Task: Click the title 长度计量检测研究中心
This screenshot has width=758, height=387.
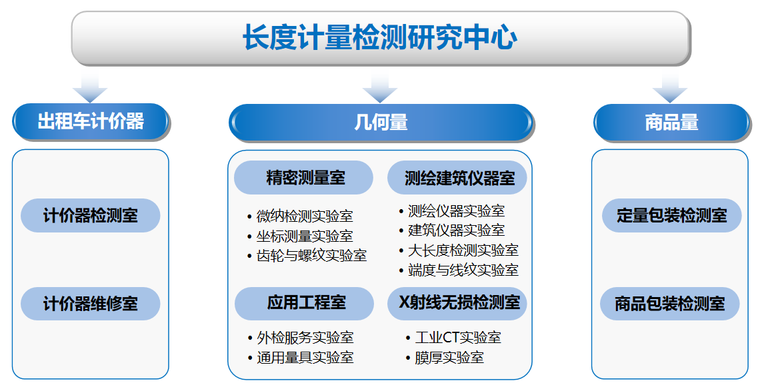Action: click(x=380, y=37)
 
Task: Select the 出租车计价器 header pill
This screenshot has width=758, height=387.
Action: click(x=91, y=122)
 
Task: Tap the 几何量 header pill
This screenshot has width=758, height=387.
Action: click(x=381, y=123)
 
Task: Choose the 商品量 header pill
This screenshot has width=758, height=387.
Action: click(x=671, y=123)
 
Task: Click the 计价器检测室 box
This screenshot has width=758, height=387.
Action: click(x=91, y=216)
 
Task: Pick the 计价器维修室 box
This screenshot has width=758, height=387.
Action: click(x=91, y=304)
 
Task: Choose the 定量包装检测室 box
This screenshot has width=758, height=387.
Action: click(x=671, y=216)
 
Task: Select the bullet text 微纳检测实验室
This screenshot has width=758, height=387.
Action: click(x=305, y=216)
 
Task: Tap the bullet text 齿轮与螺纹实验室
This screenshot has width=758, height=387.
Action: click(x=311, y=256)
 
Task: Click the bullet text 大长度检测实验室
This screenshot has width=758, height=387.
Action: click(x=463, y=250)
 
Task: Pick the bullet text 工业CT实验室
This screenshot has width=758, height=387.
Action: click(x=457, y=338)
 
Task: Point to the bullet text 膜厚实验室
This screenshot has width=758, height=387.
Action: click(x=449, y=358)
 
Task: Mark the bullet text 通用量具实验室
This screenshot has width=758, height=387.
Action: click(x=305, y=358)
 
